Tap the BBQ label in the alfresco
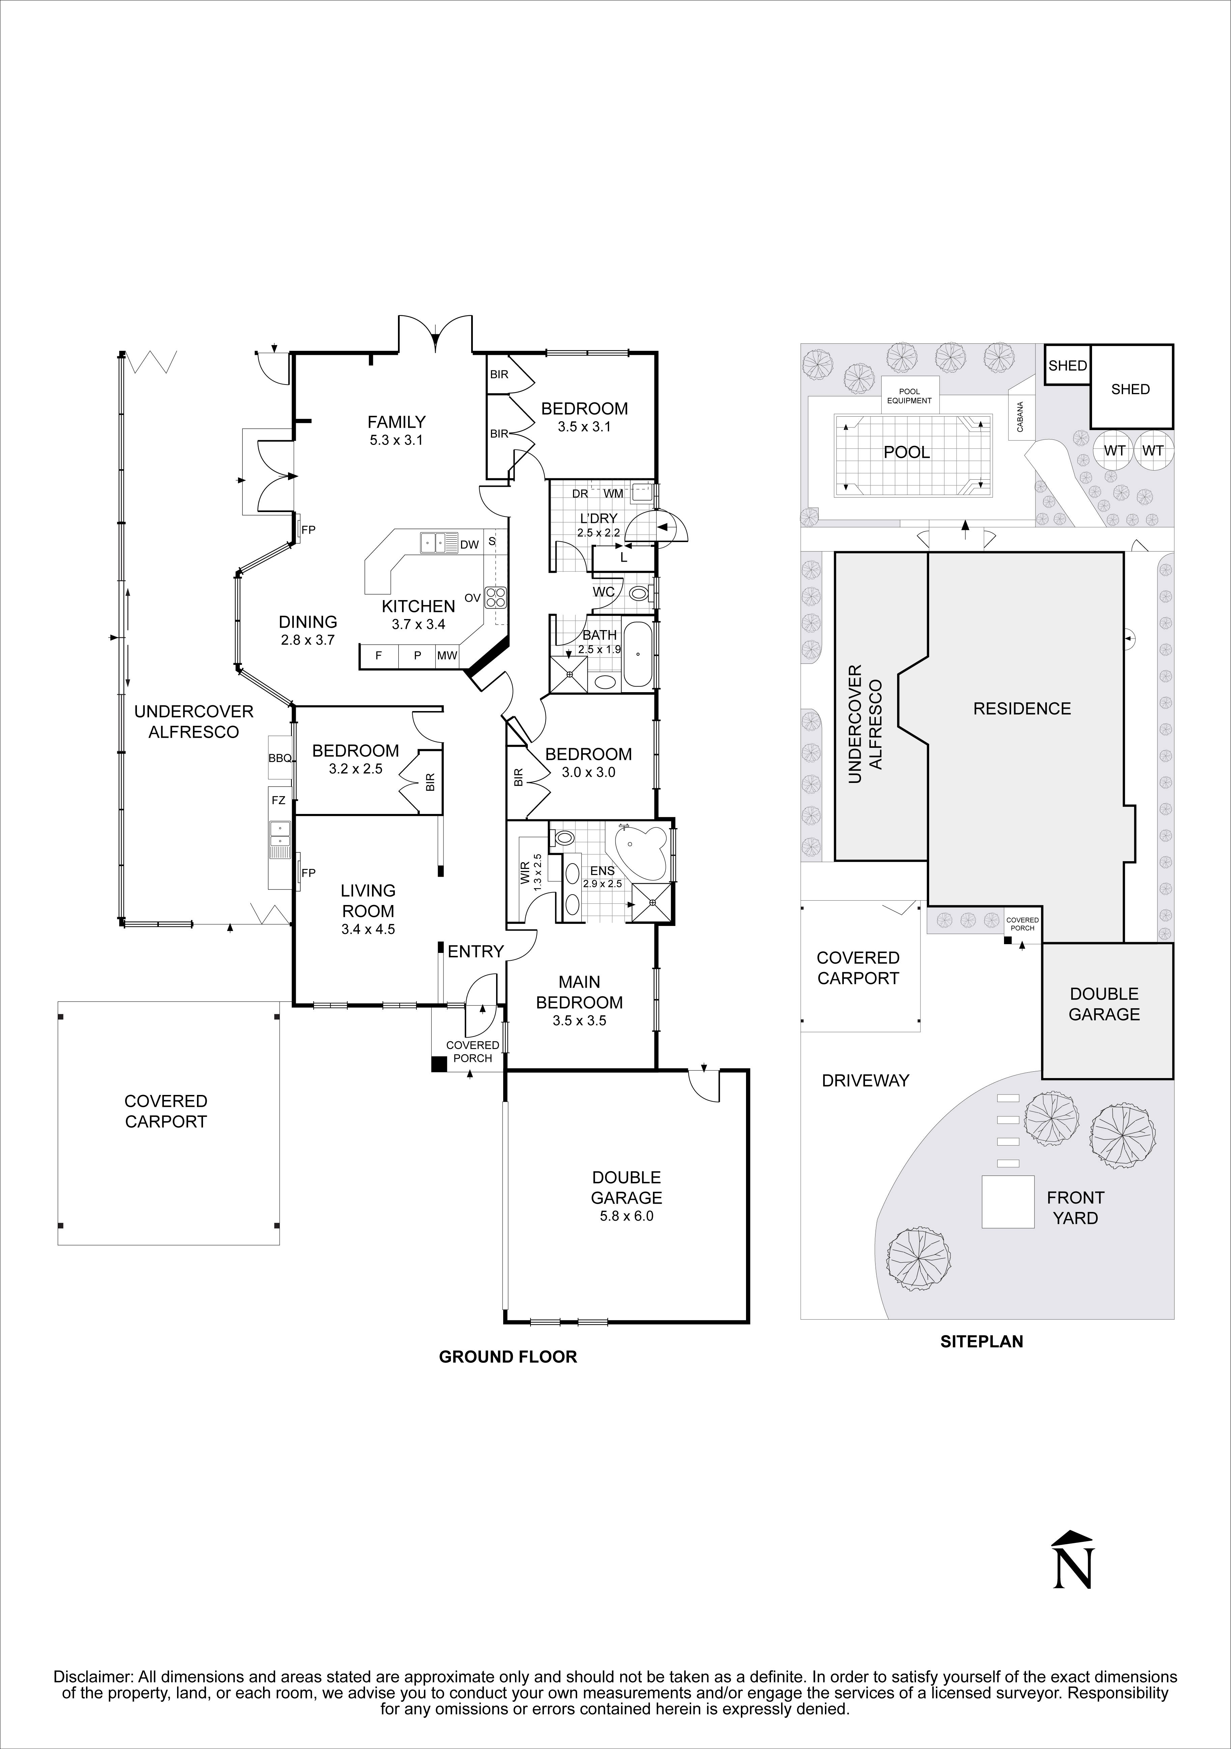pos(280,758)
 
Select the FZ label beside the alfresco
pos(278,800)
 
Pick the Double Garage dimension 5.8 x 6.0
pos(626,1216)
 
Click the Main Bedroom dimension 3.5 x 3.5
pos(579,1020)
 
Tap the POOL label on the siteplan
pos(907,452)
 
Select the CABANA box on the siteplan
pos(1020,417)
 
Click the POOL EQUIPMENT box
pos(910,395)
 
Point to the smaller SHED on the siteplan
pos(1067,366)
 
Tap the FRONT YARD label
pos(1075,1207)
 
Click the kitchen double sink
pos(438,542)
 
